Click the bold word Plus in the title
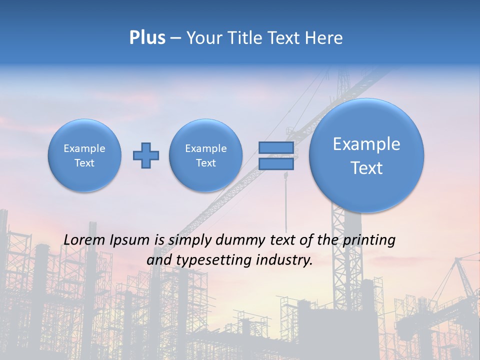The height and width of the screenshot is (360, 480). pyautogui.click(x=147, y=38)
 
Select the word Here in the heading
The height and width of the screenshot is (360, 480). pyautogui.click(x=324, y=38)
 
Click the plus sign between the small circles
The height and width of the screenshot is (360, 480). pyautogui.click(x=146, y=155)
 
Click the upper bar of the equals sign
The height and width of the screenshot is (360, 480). pyautogui.click(x=276, y=148)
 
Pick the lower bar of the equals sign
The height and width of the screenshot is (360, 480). pyautogui.click(x=276, y=163)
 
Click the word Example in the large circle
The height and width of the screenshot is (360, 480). pyautogui.click(x=366, y=144)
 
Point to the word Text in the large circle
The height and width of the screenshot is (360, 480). pyautogui.click(x=366, y=168)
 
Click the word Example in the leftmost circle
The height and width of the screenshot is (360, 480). pyautogui.click(x=84, y=148)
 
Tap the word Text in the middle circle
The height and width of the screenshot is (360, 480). pyautogui.click(x=205, y=163)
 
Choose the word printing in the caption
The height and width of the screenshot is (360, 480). pyautogui.click(x=369, y=240)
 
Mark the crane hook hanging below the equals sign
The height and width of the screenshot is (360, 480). pyautogui.click(x=286, y=176)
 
